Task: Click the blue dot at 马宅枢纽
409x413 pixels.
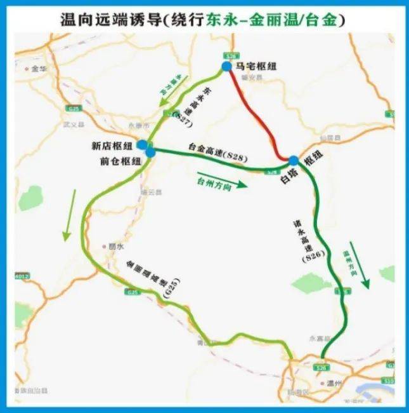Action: pyautogui.click(x=226, y=67)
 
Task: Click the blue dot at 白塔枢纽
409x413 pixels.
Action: pyautogui.click(x=294, y=161)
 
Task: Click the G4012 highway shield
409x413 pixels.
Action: pyautogui.click(x=22, y=276)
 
